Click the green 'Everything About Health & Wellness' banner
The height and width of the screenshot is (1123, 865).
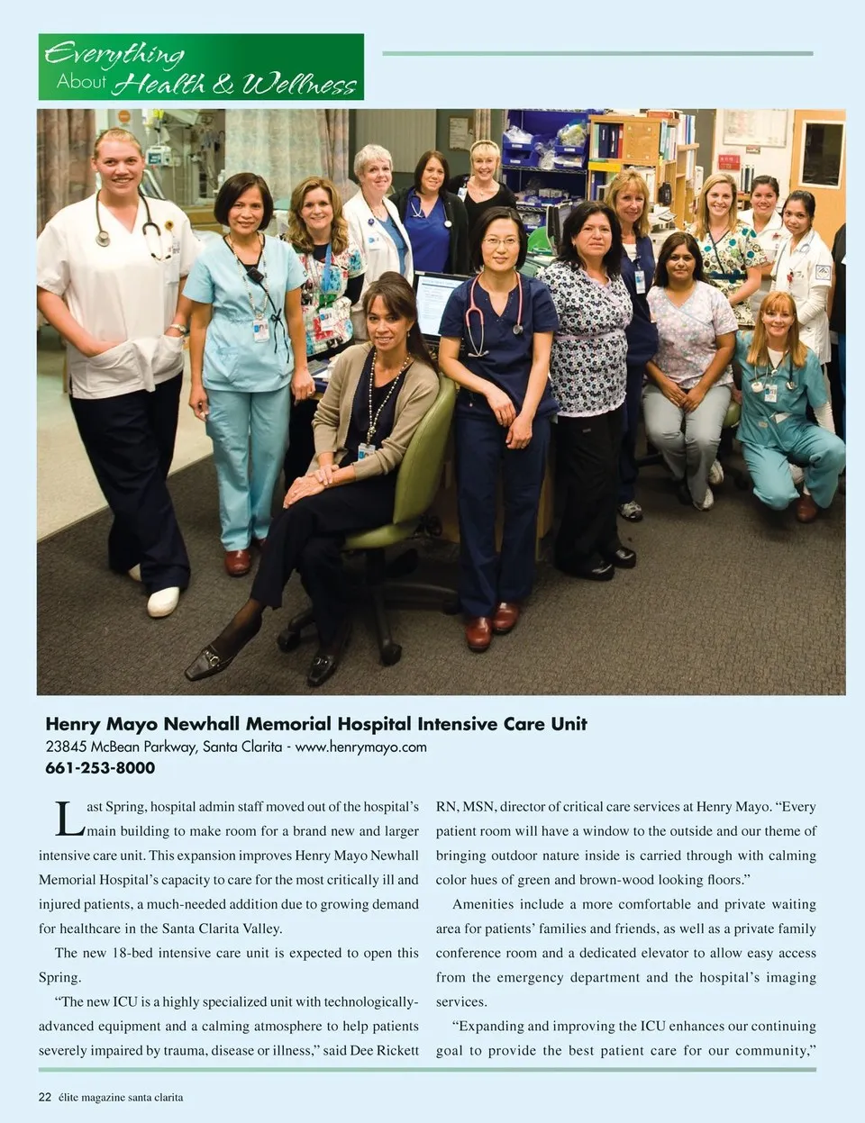(201, 68)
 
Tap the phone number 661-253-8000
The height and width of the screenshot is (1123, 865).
(100, 768)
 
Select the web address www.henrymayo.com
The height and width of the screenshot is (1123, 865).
(360, 747)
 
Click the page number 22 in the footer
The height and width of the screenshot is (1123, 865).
(45, 1097)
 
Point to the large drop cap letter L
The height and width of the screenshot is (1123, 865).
(69, 819)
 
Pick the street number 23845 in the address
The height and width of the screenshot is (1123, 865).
(66, 747)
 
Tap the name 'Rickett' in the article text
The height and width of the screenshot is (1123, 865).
(397, 1050)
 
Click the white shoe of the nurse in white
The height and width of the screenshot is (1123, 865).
(163, 601)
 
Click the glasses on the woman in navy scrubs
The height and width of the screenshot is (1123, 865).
(502, 241)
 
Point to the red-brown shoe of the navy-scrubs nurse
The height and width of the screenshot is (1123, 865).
(478, 633)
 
